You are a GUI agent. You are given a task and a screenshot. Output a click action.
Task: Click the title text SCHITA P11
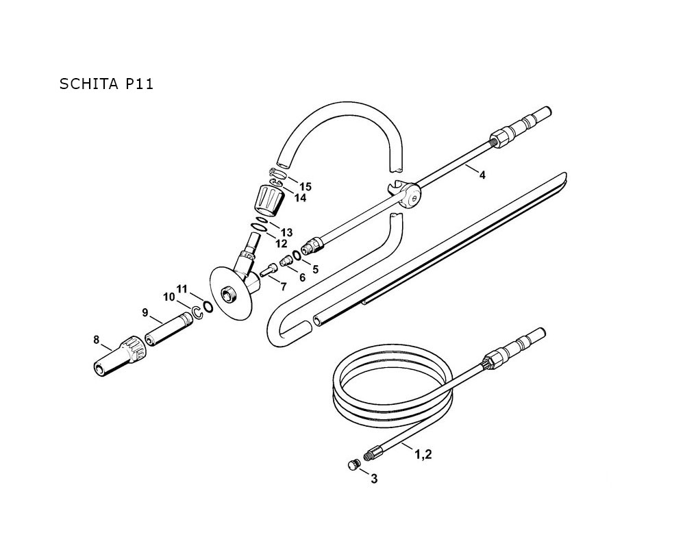coord(106,84)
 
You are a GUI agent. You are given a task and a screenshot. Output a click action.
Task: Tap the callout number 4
coord(482,175)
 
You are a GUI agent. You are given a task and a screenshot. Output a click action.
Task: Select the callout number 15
coord(306,187)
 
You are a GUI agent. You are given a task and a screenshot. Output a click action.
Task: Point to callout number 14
coord(300,198)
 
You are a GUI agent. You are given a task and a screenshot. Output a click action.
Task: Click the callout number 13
coord(286,232)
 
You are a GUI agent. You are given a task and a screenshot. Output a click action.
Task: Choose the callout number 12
coord(282,243)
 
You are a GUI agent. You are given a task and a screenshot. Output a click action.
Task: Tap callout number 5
coord(315,269)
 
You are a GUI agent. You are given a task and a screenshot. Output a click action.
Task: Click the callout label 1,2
coord(423,454)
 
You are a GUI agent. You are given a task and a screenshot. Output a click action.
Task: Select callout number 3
coord(374,479)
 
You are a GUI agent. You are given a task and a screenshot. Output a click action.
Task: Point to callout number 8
coord(97,340)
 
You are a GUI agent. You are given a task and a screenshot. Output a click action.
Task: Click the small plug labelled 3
coord(353,465)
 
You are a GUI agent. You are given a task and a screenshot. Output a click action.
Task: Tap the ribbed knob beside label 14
coord(269,199)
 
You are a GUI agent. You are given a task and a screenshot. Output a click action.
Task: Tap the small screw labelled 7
coord(269,269)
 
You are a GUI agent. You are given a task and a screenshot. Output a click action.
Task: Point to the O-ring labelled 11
coord(208,307)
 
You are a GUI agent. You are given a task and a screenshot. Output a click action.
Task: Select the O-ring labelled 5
coord(297,255)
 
